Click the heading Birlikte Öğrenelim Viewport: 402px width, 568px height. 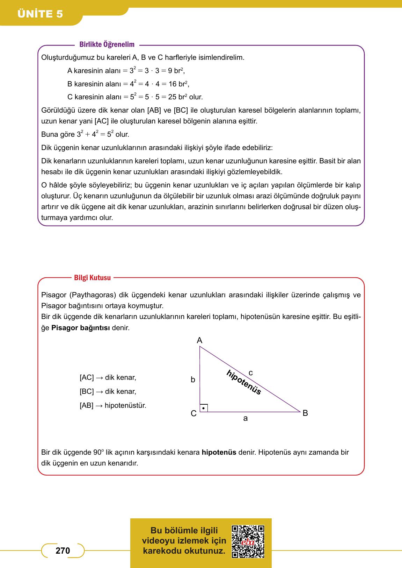pyautogui.click(x=107, y=45)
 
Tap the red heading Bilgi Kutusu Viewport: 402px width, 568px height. pyautogui.click(x=92, y=278)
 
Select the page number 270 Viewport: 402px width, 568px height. pyautogui.click(x=63, y=551)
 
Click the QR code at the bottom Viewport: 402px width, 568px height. pyautogui.click(x=248, y=541)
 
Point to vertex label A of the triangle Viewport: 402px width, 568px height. pyautogui.click(x=199, y=340)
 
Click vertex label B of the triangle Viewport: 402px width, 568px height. pyautogui.click(x=305, y=413)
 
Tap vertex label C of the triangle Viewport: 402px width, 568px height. pyautogui.click(x=193, y=414)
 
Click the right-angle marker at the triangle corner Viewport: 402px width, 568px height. pyautogui.click(x=204, y=408)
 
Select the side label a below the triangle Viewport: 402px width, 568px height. pyautogui.click(x=245, y=418)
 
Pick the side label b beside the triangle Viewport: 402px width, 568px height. pyautogui.click(x=193, y=380)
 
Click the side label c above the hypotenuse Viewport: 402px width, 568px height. pyautogui.click(x=250, y=373)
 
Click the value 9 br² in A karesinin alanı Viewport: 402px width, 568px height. pyautogui.click(x=176, y=71)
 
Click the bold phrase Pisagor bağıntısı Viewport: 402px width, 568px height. pyautogui.click(x=81, y=328)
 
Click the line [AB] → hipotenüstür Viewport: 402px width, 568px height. pyautogui.click(x=113, y=406)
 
